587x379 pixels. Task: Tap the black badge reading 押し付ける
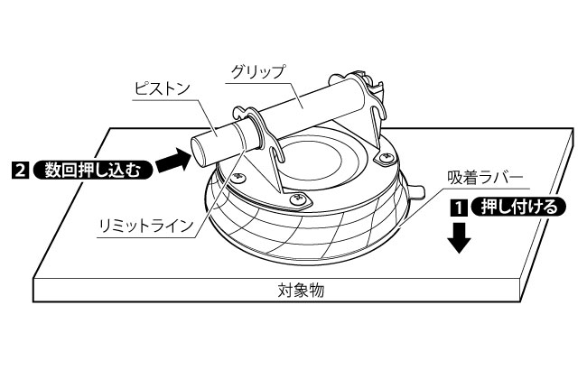click(518, 206)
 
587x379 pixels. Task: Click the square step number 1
click(459, 206)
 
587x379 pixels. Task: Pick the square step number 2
click(19, 169)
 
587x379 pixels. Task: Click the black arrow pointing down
click(461, 237)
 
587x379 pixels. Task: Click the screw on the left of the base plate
click(239, 176)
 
